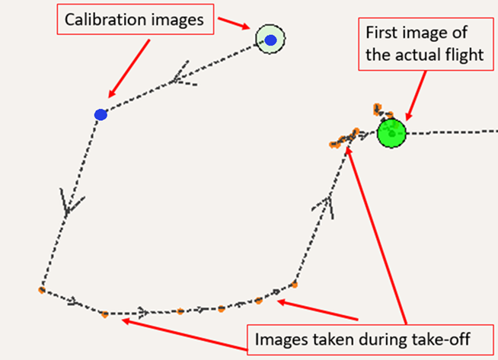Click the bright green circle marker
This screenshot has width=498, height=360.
(392, 133)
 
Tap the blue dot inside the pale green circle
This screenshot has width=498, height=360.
(270, 40)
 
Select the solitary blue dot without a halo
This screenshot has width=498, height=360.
(100, 115)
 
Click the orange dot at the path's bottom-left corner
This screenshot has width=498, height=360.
(41, 290)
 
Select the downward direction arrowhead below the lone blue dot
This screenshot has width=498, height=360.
(69, 205)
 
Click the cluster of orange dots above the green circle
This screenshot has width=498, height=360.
(378, 110)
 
